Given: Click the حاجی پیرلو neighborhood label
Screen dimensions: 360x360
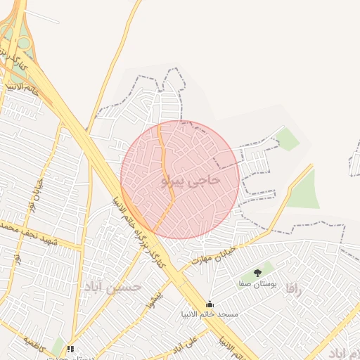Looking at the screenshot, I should (191, 181).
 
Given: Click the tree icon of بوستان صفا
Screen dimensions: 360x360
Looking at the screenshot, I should (257, 273).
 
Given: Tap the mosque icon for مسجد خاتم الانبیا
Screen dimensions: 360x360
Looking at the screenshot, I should (210, 304).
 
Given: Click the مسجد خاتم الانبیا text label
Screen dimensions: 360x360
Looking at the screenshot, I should (210, 314).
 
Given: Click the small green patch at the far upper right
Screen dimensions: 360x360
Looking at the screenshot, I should (287, 138).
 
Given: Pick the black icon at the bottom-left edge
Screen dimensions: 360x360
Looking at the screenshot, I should (70, 349).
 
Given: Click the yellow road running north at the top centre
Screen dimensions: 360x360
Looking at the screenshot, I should (122, 42).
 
